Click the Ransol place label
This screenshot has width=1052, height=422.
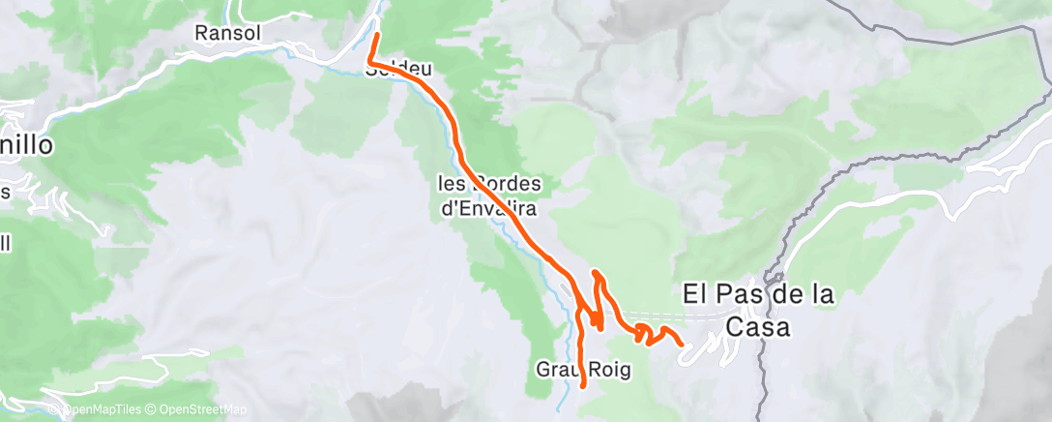[230, 34]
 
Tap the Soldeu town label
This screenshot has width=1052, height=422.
[398, 70]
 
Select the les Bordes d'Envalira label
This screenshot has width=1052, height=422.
[489, 196]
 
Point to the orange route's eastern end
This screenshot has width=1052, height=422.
[682, 344]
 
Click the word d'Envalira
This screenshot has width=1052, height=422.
[489, 207]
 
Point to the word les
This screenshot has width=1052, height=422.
[453, 184]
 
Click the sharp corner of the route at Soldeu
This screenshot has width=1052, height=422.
[370, 64]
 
